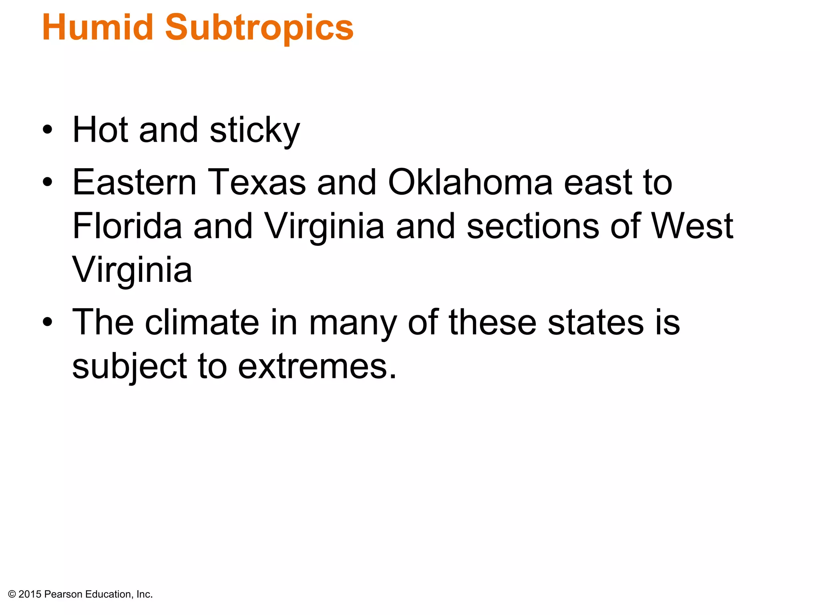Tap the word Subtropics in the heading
point(259,28)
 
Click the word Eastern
point(134,183)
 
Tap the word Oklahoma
point(470,183)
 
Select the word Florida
point(127,226)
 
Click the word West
point(692,226)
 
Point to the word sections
point(533,226)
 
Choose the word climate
point(202,322)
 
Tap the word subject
point(129,367)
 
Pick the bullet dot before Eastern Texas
point(48,183)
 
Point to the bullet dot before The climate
point(48,322)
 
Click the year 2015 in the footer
point(30,595)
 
